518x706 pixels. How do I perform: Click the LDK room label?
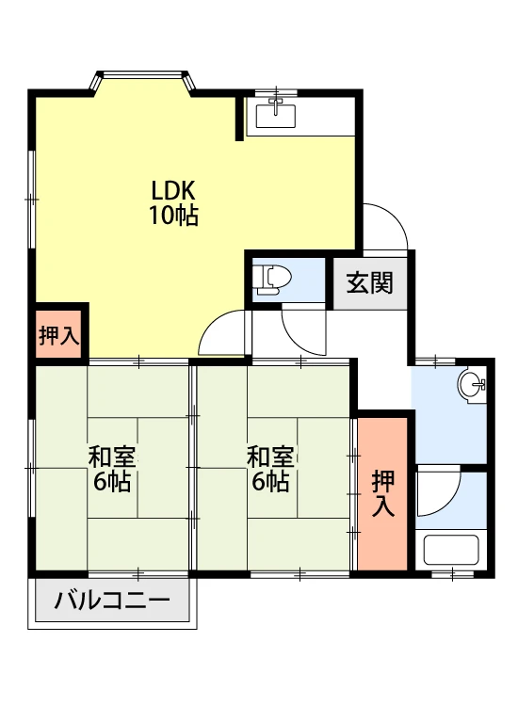click(173, 190)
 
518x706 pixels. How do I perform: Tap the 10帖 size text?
click(174, 216)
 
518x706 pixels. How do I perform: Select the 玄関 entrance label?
click(370, 282)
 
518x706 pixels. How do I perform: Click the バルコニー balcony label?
click(112, 601)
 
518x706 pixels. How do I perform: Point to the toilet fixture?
click(271, 281)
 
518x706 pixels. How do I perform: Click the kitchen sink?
click(276, 115)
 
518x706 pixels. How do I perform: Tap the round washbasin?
click(472, 384)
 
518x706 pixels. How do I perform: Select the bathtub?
click(451, 550)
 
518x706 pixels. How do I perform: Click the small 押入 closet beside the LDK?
click(58, 334)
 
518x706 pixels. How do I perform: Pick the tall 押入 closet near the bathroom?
click(382, 493)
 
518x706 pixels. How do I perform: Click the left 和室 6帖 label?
click(112, 469)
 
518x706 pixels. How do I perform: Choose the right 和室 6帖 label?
click(270, 469)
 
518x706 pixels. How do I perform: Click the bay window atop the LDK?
click(143, 80)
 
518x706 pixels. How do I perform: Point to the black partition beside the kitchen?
click(240, 118)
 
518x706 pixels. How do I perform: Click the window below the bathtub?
click(453, 574)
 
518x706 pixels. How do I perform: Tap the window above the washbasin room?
click(435, 361)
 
